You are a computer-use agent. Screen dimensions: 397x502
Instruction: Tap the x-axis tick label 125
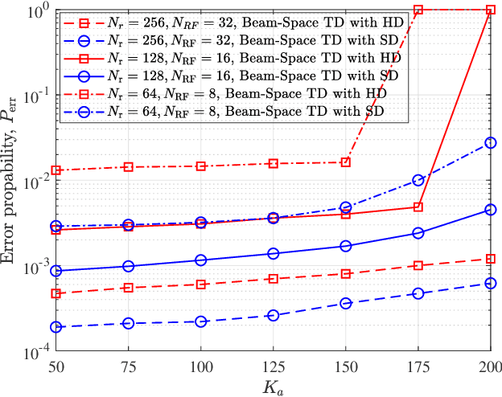274,366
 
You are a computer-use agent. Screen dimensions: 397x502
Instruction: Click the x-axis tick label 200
490,366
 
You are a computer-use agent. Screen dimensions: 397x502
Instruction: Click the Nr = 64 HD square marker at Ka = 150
345,162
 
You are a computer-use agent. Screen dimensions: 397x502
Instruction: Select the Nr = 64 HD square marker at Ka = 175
418,10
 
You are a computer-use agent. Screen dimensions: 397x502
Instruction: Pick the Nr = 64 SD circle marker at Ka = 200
491,143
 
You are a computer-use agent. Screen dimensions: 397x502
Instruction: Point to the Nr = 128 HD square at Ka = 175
418,207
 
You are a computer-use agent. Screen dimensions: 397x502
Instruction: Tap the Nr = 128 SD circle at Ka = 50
56,272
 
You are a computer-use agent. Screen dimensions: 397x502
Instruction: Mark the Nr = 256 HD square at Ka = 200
491,259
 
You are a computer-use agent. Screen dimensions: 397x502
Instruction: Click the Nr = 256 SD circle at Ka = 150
345,303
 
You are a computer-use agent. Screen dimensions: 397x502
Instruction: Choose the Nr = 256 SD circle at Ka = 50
56,327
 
